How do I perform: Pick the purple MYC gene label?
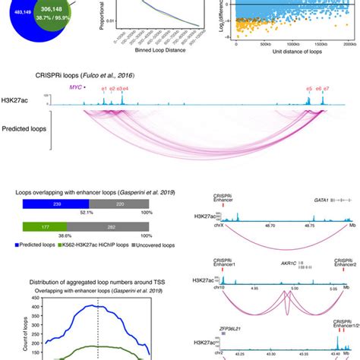pos(75,88)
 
